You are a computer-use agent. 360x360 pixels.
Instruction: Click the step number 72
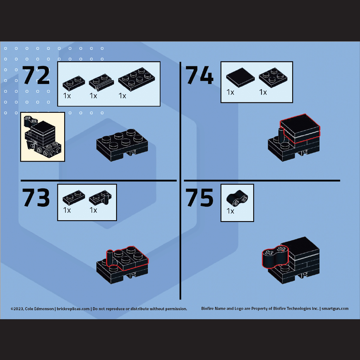(x=36, y=75)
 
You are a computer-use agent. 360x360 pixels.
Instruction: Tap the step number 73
(x=36, y=197)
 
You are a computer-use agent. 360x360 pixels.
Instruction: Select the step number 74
(x=199, y=75)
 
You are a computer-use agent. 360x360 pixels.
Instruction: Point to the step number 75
(x=199, y=197)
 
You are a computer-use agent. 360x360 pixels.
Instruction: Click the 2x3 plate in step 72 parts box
(x=136, y=79)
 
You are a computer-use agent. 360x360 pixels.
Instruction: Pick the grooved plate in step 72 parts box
(x=101, y=82)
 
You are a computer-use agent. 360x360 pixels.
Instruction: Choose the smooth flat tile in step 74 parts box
(x=240, y=77)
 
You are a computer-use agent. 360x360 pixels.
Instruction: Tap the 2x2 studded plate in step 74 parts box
(x=273, y=77)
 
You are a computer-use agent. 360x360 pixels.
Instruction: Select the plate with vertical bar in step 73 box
(x=100, y=198)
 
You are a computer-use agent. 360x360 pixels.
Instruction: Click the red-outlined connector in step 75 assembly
(x=275, y=256)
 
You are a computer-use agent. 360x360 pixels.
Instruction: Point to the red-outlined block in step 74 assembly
(x=300, y=128)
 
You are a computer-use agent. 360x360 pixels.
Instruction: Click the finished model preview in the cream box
(x=43, y=137)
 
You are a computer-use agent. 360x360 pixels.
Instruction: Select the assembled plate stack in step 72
(x=122, y=145)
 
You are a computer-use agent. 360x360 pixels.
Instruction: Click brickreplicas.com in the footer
(x=73, y=309)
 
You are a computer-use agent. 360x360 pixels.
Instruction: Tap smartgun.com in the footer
(x=335, y=309)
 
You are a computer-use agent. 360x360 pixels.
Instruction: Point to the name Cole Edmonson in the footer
(x=39, y=309)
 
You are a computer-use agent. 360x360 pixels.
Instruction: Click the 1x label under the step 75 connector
(x=230, y=211)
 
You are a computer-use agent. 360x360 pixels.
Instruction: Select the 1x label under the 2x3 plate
(x=122, y=96)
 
